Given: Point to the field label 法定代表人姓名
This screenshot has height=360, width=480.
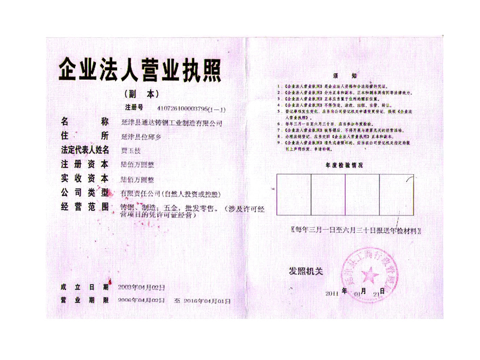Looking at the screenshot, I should [84, 149].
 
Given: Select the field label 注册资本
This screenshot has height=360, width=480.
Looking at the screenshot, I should [84, 164].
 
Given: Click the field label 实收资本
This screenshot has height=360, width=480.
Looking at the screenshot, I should [84, 178].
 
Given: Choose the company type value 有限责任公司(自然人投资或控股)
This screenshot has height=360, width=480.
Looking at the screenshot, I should [170, 193].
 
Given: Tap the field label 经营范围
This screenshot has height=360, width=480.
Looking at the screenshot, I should [84, 208].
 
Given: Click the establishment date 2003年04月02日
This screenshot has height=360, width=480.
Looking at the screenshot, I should [140, 286].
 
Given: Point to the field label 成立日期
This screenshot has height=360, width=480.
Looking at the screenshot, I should [84, 286].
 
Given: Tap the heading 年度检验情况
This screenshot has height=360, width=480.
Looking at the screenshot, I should [344, 164].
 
